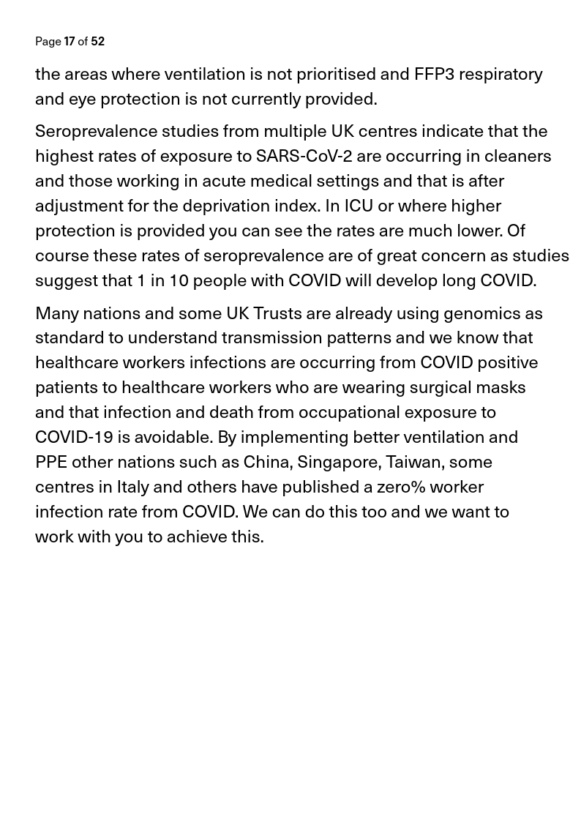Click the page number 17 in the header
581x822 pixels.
70,42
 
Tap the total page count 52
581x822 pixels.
97,42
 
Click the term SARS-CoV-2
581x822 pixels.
304,156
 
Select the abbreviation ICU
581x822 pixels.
359,206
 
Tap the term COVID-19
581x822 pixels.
74,437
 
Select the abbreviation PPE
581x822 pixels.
50,462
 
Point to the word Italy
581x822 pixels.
132,487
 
